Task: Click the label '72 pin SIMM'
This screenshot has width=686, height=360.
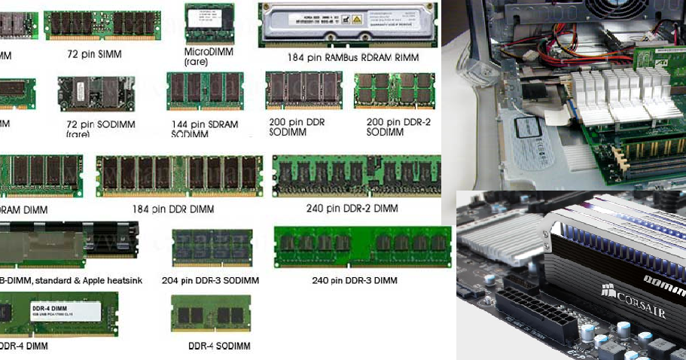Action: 94,54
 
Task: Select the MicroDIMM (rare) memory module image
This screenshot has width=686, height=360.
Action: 209,24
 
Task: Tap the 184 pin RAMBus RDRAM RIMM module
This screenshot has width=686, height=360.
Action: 349,24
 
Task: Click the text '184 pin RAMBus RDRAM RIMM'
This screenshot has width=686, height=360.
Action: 352,57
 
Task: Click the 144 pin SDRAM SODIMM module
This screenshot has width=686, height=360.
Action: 205,91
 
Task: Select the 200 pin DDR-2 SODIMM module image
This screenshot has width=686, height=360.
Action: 395,90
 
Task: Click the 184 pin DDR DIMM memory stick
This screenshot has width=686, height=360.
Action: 179,175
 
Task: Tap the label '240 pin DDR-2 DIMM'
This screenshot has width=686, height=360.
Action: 352,208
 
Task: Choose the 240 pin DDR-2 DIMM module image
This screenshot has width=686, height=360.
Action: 356,175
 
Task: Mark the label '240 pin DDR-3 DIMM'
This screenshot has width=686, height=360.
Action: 354,280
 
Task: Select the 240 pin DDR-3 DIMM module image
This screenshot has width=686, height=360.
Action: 362,247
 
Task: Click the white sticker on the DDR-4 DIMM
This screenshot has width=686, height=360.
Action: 63,312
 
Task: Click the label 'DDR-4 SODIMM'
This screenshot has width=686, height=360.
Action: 219,346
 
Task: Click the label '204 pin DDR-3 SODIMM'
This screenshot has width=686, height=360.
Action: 211,280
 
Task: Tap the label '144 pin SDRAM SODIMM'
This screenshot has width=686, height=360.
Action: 205,129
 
